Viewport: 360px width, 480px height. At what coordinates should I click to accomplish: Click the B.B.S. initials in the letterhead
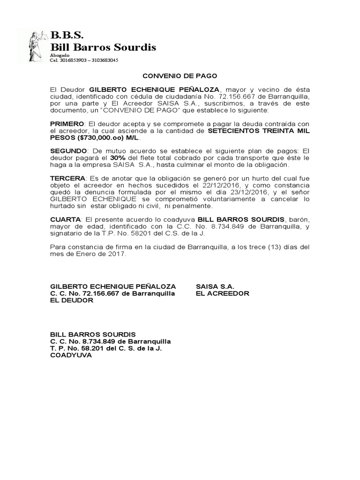pos(67,35)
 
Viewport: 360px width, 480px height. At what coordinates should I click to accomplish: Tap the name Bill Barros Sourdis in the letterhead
pos(103,47)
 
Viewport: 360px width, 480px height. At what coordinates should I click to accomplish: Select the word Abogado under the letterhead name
pos(60,55)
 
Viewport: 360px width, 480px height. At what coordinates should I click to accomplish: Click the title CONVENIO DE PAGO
pos(180,75)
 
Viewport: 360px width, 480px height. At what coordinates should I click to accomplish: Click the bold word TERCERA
pos(67,179)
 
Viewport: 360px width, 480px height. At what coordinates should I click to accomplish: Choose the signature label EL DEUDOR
pos(72,300)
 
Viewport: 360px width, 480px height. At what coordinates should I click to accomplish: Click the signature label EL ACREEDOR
pos(222,293)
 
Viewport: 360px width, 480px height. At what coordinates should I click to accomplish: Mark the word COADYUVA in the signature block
pos(71,355)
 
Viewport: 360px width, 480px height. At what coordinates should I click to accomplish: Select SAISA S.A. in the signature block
pos(215,286)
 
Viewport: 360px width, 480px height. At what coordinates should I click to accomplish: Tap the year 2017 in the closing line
pos(118,254)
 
